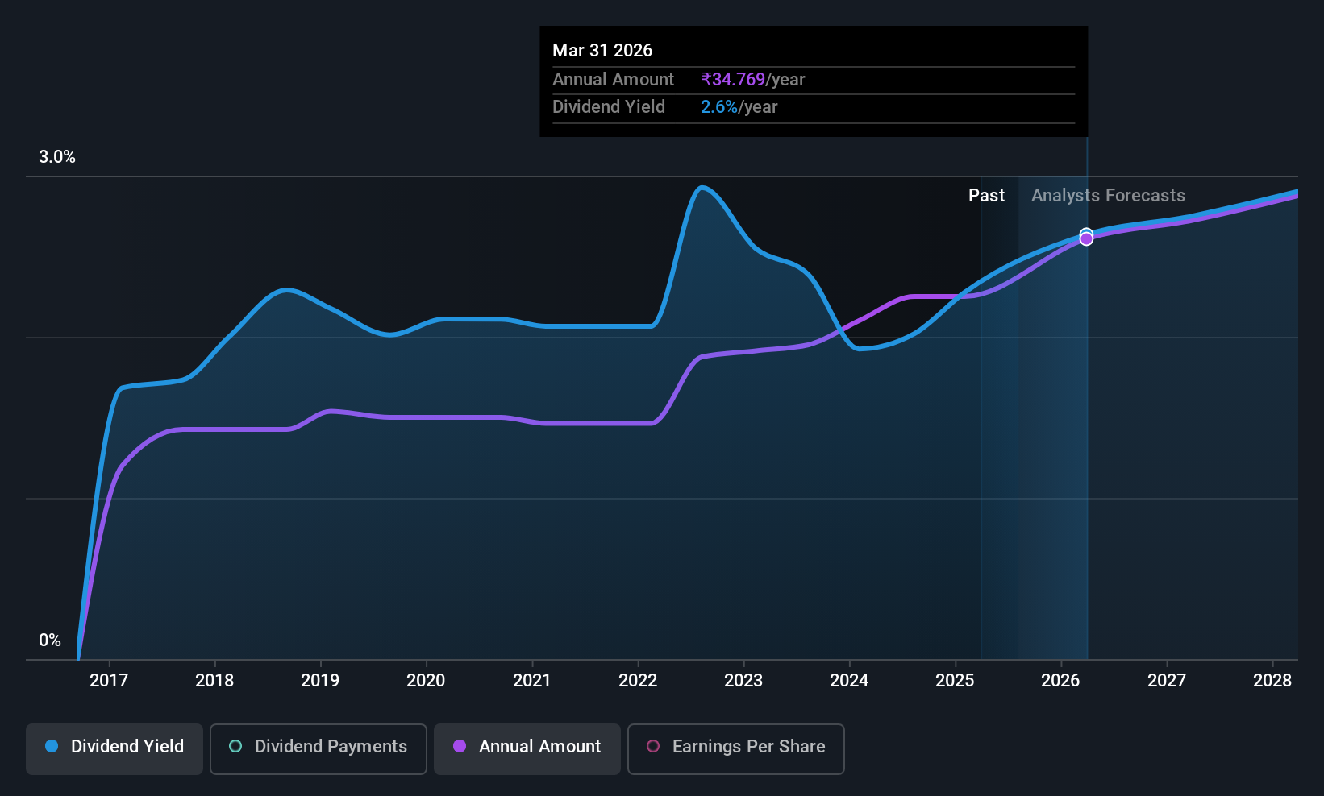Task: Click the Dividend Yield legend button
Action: point(114,748)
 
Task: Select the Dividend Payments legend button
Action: point(318,748)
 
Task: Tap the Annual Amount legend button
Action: point(527,748)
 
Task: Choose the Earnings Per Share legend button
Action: point(736,748)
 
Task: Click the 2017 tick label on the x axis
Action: point(109,680)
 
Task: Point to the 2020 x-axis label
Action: point(426,680)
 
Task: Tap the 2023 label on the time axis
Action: point(743,680)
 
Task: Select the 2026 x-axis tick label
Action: point(1060,680)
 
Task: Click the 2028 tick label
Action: point(1272,680)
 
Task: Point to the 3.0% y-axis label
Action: point(57,157)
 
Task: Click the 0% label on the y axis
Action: point(50,641)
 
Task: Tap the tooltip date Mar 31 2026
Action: point(602,50)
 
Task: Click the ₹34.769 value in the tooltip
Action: point(733,79)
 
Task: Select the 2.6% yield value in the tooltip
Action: point(718,107)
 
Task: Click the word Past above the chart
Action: point(986,196)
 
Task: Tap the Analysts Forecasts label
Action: point(1108,196)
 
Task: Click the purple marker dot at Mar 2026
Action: point(1086,239)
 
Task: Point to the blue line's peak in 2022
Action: point(701,188)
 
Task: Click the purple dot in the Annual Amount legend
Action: point(460,746)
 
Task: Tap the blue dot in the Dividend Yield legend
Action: point(52,746)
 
